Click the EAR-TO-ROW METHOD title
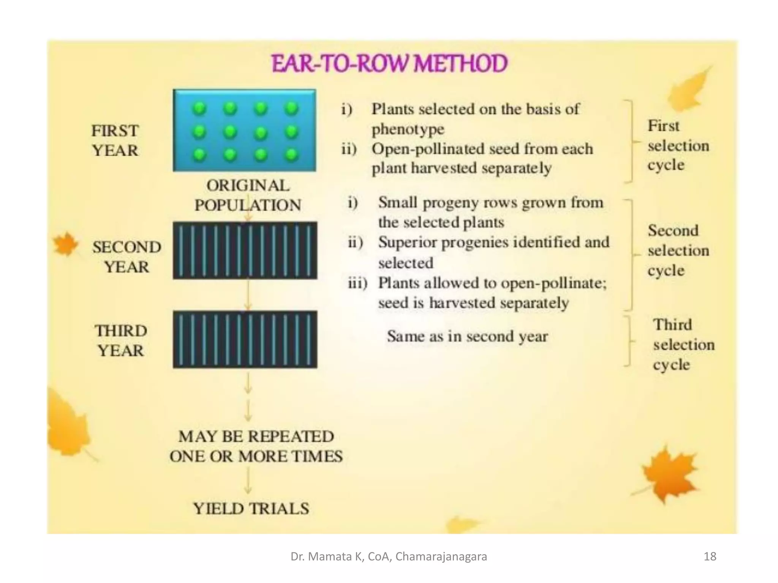(x=390, y=63)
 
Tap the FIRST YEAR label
(x=115, y=141)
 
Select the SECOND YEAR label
(x=127, y=257)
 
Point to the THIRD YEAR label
(x=121, y=340)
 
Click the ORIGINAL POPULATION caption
(x=248, y=195)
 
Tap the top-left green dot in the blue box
(x=199, y=109)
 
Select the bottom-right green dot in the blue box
(x=291, y=154)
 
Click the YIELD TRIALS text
(x=251, y=509)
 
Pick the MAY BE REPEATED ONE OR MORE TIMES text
(x=256, y=446)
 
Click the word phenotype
(x=408, y=129)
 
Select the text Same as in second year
(x=467, y=336)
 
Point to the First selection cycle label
(x=678, y=145)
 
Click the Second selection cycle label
(x=678, y=251)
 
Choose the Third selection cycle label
(x=683, y=345)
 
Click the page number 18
(x=710, y=556)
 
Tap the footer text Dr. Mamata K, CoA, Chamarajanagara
(x=389, y=556)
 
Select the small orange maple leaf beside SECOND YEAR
(x=65, y=244)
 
